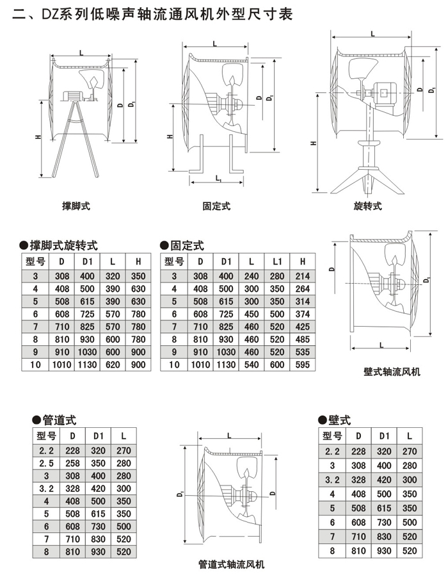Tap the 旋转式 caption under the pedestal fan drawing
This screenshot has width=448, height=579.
367,206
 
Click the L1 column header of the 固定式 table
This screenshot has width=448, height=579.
277,261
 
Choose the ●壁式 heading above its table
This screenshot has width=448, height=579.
335,420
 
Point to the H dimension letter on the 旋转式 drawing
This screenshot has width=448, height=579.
316,143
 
